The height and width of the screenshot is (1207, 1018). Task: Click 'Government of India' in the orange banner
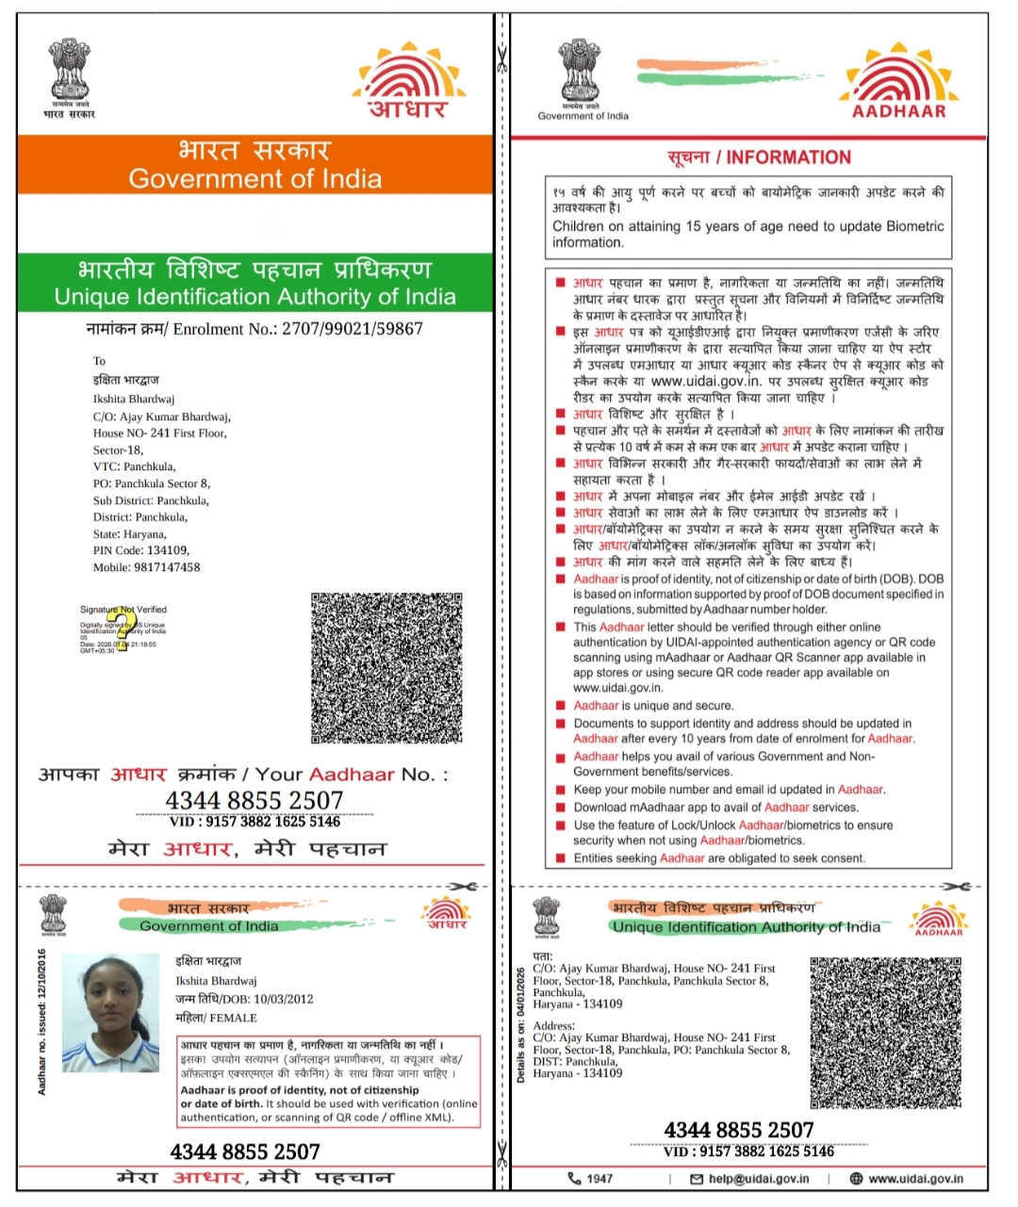coord(254,178)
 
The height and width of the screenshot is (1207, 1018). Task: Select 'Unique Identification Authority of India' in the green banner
coord(254,297)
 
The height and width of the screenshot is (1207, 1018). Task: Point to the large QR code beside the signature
coord(386,667)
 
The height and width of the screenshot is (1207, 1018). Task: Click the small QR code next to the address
coord(885,1032)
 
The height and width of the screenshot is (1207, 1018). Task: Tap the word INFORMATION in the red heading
coord(788,157)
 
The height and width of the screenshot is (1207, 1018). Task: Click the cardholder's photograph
coord(110,1012)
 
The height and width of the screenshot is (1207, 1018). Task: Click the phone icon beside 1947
coord(575,1178)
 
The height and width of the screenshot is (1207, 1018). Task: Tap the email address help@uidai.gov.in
coord(759,1178)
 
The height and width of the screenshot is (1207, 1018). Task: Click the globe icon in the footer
coord(856,1178)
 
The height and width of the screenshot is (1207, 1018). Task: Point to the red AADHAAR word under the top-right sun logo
coord(898,111)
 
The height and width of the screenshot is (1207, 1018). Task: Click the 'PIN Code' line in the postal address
coord(140,550)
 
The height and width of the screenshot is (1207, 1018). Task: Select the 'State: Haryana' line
coord(129,533)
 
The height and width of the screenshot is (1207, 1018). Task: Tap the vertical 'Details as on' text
coord(521,1024)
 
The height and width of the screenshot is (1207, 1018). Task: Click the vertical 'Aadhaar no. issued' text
coord(42,1021)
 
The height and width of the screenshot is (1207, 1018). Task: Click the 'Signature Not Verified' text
coord(123,610)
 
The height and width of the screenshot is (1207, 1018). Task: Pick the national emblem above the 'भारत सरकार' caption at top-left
coord(69,68)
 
